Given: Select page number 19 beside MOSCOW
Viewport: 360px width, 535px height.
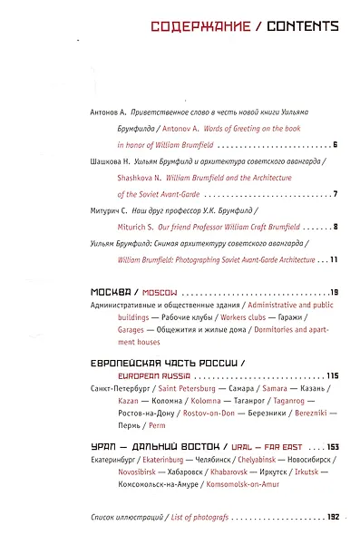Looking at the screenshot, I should [333, 292].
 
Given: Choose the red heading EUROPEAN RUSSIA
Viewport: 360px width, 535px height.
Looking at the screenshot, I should [154, 375].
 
